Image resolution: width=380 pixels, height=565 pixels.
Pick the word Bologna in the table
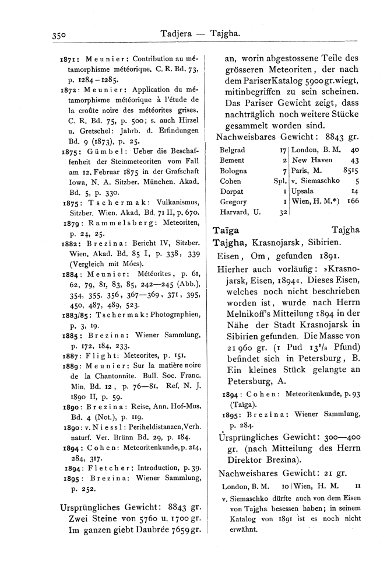[x=234, y=170]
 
